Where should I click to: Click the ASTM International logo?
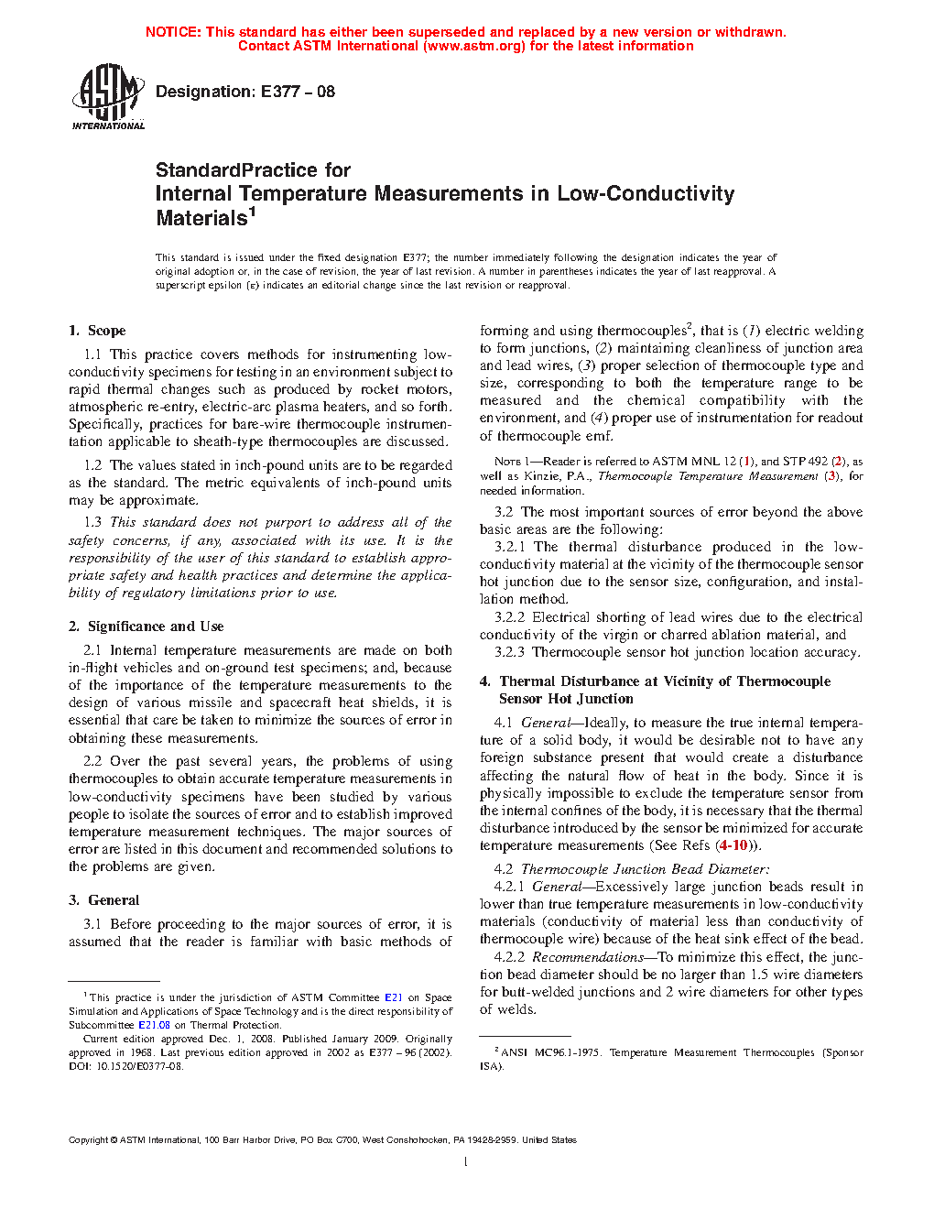pyautogui.click(x=107, y=96)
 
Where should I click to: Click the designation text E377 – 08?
pyautogui.click(x=298, y=92)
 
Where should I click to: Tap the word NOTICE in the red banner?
pyautogui.click(x=173, y=32)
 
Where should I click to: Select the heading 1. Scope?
pyautogui.click(x=97, y=331)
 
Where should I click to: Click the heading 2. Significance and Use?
pyautogui.click(x=146, y=626)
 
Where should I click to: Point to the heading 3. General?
pyautogui.click(x=103, y=900)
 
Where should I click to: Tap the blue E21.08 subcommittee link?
pyautogui.click(x=154, y=1025)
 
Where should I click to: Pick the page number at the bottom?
pyautogui.click(x=466, y=1162)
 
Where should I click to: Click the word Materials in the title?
pyautogui.click(x=201, y=218)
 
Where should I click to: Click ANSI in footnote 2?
pyautogui.click(x=514, y=1052)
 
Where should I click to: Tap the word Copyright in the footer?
pyautogui.click(x=88, y=1140)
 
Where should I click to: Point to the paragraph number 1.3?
pyautogui.click(x=92, y=522)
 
